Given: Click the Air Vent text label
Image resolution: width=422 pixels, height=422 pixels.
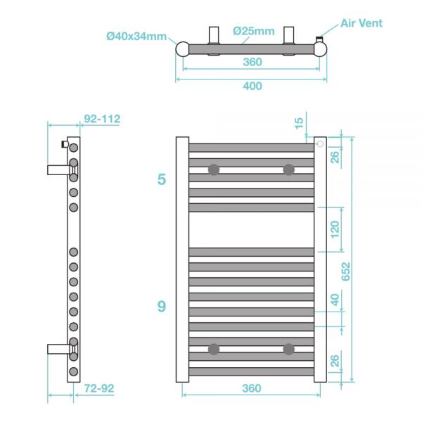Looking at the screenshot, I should (x=362, y=23).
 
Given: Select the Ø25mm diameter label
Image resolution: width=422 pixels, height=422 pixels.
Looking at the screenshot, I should (x=254, y=30).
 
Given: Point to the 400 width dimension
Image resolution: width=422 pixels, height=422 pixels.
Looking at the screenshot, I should (x=252, y=86).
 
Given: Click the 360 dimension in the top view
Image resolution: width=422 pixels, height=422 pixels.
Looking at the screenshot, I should (x=252, y=62).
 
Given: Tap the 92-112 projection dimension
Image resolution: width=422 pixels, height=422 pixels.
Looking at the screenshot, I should (x=101, y=120).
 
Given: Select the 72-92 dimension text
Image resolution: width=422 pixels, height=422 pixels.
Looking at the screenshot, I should (x=98, y=388).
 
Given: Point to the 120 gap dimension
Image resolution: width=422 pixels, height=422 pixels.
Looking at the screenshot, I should (x=335, y=229).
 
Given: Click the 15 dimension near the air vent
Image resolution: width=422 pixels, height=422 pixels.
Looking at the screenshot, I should (x=300, y=124).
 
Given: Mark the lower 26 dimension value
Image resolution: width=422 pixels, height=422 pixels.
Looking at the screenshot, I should (x=335, y=362).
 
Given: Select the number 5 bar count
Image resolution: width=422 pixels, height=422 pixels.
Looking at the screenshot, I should (x=162, y=179).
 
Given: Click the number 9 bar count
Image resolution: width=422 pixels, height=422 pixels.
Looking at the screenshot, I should (x=162, y=307).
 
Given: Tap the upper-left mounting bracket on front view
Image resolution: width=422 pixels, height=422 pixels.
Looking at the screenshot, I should (x=213, y=170).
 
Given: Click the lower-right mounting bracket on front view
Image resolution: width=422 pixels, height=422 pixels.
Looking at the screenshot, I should (x=288, y=349).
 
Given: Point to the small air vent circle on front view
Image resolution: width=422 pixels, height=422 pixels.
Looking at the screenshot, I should (x=320, y=144).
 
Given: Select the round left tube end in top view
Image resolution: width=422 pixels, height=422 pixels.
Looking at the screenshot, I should (x=182, y=49).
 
